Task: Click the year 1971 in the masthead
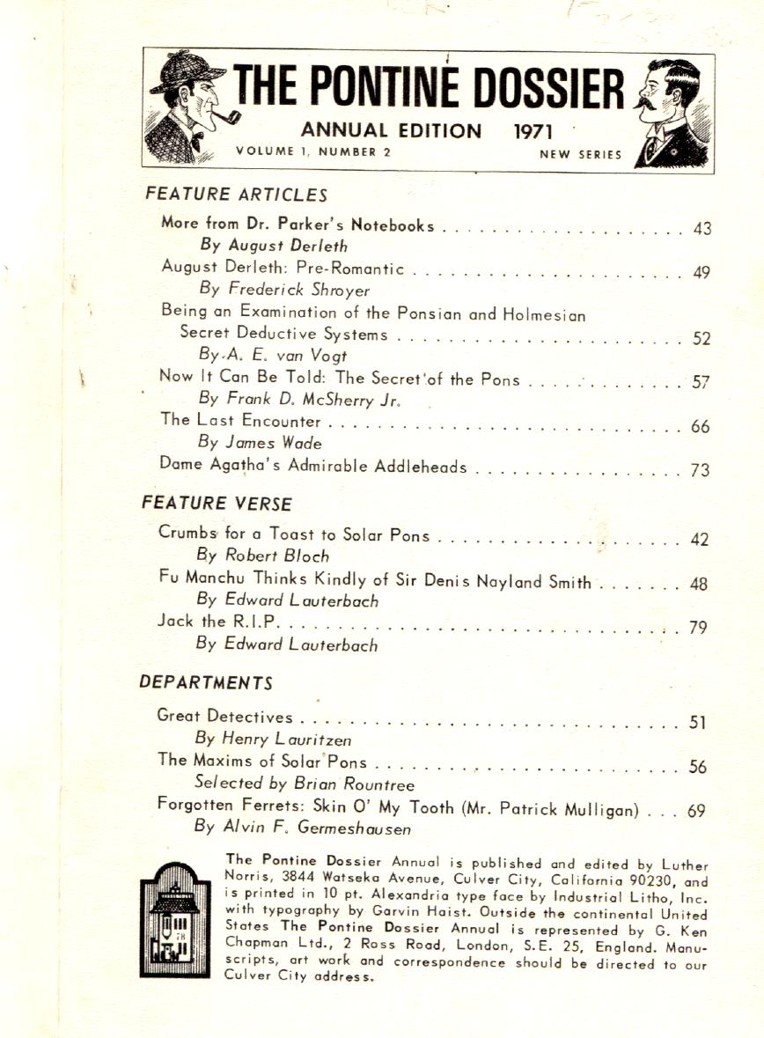533,132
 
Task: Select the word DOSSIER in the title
549,91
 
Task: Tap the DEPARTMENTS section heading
206,682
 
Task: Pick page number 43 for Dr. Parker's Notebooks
702,229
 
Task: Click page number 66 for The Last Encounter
701,427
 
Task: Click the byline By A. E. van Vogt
273,355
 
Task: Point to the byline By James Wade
261,444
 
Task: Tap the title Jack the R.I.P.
219,622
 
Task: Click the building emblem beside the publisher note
174,920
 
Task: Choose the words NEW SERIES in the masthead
580,155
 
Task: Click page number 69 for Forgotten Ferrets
696,812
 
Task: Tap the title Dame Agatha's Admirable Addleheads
313,467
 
